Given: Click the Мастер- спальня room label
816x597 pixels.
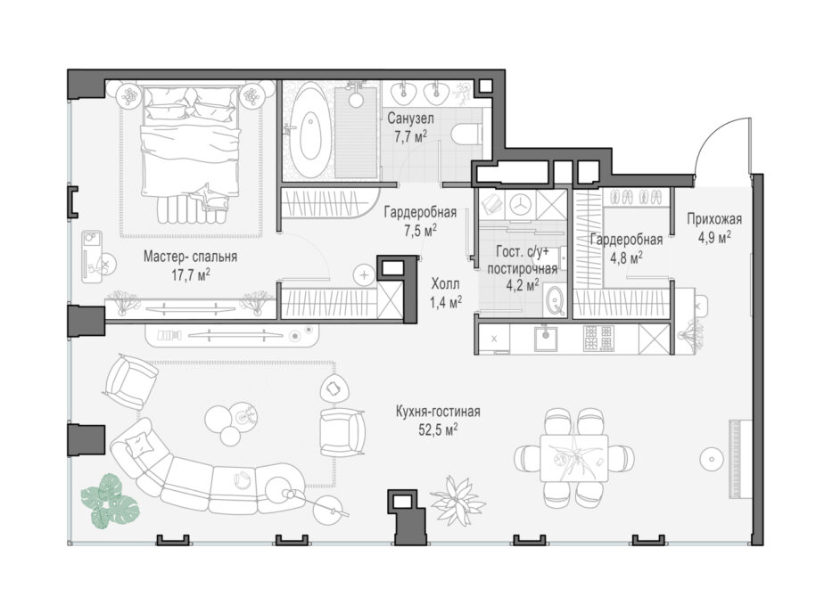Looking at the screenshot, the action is (190, 257).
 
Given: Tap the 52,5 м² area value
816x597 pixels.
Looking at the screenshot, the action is (438, 429).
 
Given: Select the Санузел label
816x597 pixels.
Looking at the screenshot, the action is (410, 119).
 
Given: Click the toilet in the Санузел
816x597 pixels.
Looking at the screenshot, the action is (467, 133).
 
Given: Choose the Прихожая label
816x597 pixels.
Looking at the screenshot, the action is (714, 219).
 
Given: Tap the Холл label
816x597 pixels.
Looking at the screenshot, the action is (446, 284).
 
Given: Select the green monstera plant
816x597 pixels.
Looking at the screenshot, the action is (110, 500).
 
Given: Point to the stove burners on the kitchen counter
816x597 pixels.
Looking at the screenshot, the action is (598, 339).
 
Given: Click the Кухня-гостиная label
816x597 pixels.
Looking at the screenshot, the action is (438, 412).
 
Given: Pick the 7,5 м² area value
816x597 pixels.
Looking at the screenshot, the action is (421, 231).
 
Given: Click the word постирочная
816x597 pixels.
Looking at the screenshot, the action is (522, 269).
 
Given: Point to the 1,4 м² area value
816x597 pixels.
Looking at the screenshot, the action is (446, 302).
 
